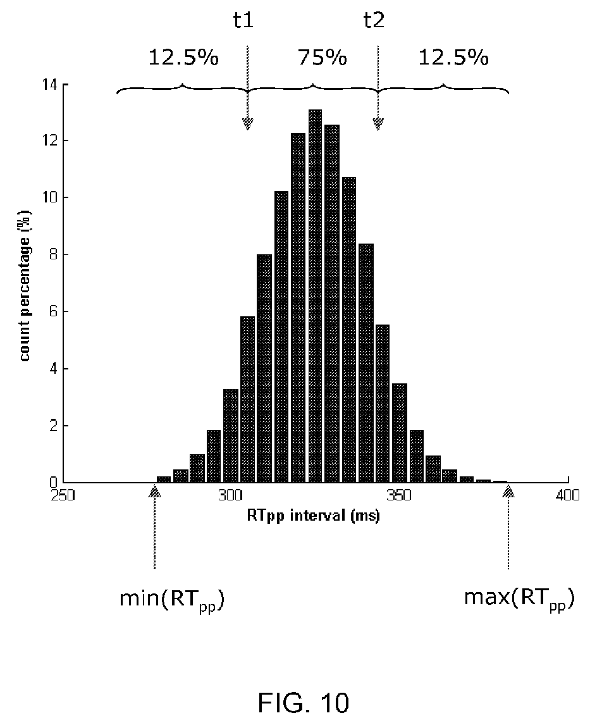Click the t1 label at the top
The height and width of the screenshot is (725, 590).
coord(243,20)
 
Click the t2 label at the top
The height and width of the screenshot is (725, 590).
coord(374,20)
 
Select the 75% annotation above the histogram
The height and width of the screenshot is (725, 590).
coord(322,58)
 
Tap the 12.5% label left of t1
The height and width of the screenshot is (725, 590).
coord(183,58)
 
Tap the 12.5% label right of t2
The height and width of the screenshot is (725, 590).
coord(453,58)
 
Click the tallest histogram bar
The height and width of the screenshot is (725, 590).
coord(315,296)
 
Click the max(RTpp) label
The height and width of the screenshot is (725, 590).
coord(519,599)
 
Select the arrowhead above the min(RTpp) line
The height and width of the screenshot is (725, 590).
coord(154,490)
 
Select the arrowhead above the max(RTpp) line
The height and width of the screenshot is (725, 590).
coord(508,490)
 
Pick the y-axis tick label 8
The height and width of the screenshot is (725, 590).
coord(52,255)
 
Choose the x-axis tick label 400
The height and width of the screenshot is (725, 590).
coord(568,495)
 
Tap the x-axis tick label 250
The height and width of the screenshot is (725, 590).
coord(63,495)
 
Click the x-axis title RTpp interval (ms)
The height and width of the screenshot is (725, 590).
coord(313,515)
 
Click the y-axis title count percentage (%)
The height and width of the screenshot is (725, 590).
coord(25,285)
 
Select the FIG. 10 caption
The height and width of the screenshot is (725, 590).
coord(303,703)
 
